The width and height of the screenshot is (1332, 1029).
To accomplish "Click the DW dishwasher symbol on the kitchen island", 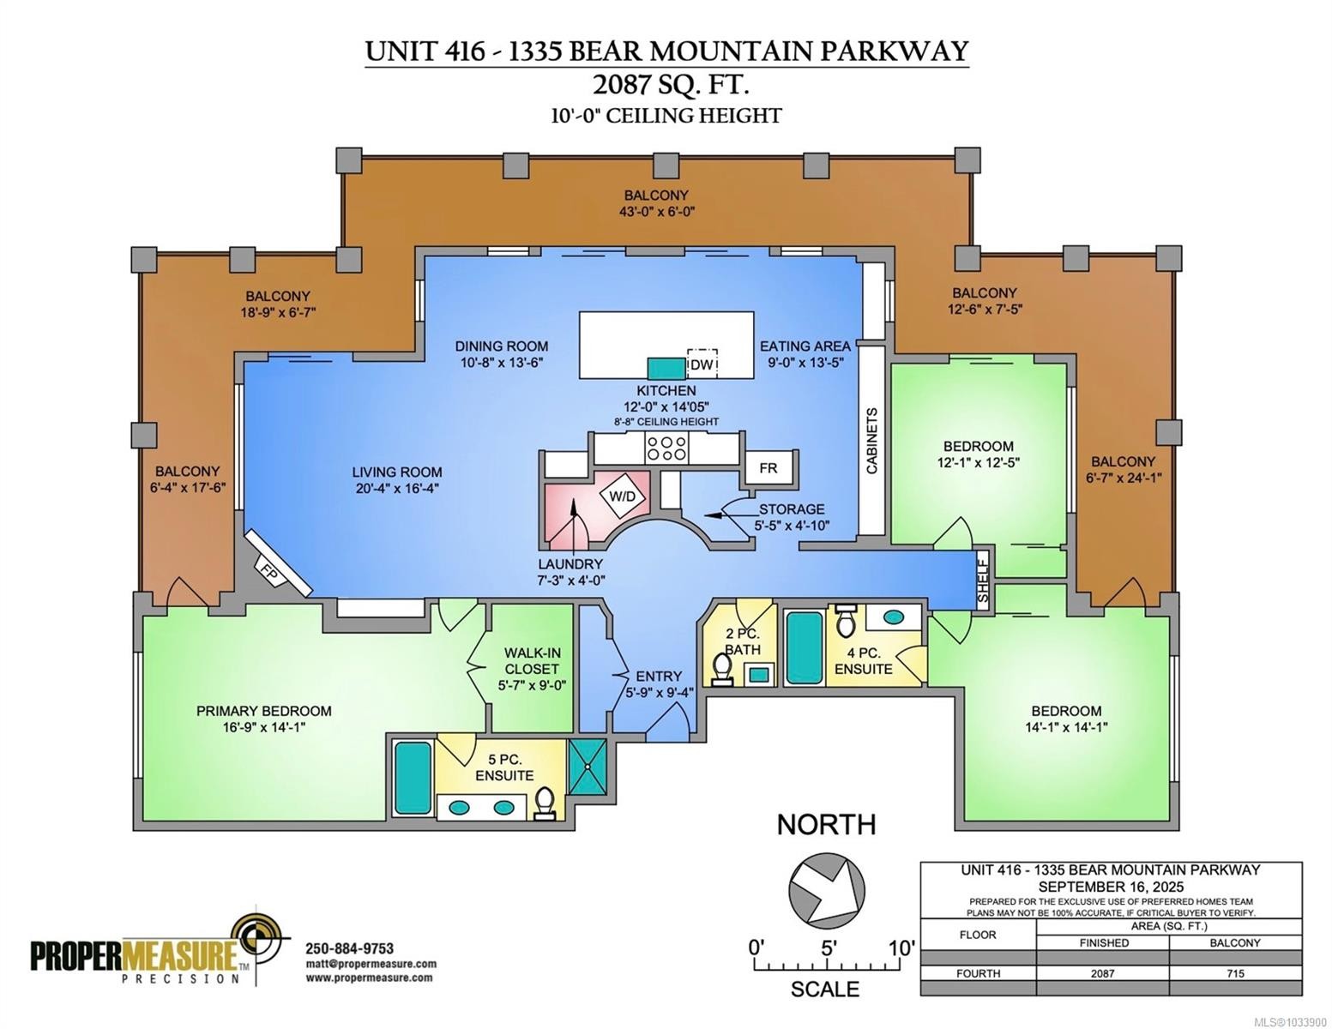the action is click(x=702, y=364).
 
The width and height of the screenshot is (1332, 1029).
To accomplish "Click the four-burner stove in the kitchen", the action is click(x=666, y=448).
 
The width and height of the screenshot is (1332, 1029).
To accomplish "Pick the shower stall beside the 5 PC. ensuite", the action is click(x=588, y=766).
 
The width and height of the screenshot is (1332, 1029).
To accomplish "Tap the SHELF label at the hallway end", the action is click(x=983, y=579).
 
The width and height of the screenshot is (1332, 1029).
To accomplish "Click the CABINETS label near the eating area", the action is click(x=871, y=441).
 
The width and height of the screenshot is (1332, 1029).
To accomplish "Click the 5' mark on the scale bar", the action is click(x=829, y=948).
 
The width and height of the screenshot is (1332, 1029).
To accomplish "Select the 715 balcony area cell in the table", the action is click(x=1235, y=972).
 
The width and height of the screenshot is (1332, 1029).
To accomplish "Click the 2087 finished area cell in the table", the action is click(x=1102, y=972).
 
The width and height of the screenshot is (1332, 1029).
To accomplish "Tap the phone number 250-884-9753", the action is click(x=349, y=948).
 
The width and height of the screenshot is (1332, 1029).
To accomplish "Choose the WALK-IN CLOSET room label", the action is click(x=532, y=660).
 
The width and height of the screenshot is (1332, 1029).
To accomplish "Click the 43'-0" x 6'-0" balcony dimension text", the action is click(x=656, y=212).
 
